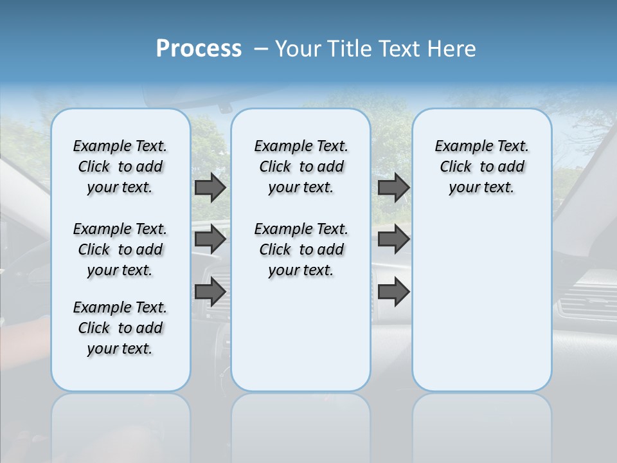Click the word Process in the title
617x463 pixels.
tap(199, 49)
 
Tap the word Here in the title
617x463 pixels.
tap(452, 49)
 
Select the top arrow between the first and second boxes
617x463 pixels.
tap(210, 188)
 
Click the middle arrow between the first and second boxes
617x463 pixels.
tap(210, 239)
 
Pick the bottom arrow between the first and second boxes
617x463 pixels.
tap(210, 291)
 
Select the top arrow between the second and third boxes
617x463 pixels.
tap(393, 188)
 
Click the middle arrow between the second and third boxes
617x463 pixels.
tap(393, 239)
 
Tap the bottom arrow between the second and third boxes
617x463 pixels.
tap(393, 291)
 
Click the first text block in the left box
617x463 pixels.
tap(120, 167)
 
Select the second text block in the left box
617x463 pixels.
tap(120, 250)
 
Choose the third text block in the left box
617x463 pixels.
tap(120, 328)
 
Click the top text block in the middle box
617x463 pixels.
tap(301, 167)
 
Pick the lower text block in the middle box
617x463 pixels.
tap(301, 250)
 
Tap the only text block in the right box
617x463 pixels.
tap(482, 167)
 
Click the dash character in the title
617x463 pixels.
tap(261, 50)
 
